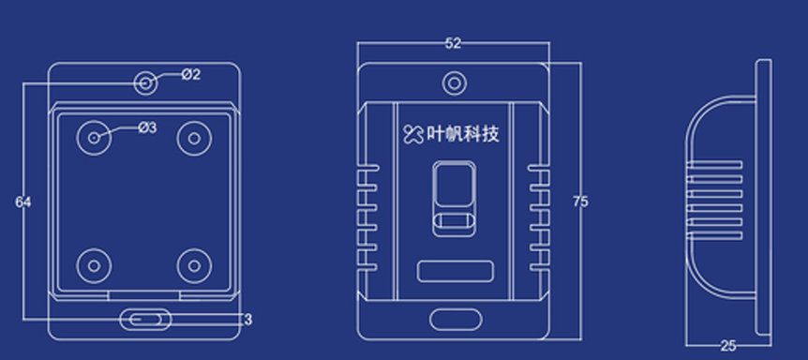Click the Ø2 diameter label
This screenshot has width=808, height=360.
(x=190, y=75)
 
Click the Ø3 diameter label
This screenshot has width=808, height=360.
(x=147, y=127)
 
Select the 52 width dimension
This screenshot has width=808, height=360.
(x=453, y=43)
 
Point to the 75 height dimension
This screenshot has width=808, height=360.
(x=580, y=202)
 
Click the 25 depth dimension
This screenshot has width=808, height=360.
(x=728, y=346)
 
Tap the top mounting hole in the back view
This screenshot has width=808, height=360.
(x=146, y=82)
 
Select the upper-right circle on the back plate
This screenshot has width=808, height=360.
(x=194, y=138)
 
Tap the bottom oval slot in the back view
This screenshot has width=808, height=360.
(x=146, y=320)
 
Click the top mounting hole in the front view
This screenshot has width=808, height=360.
(x=454, y=83)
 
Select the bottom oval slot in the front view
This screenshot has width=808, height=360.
(x=454, y=321)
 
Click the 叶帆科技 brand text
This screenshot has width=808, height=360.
(x=462, y=134)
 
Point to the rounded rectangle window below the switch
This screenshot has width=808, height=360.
(x=454, y=272)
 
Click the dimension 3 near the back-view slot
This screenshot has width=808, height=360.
(x=247, y=320)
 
